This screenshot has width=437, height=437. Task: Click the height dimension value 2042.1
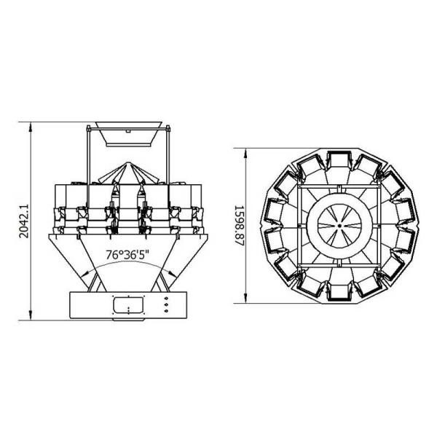pos(25,221)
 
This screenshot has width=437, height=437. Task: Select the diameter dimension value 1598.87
pos(240,226)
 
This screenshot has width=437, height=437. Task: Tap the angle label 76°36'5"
pos(128,255)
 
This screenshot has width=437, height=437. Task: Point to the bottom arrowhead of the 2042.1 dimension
pos(31,316)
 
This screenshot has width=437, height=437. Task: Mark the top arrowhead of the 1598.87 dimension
pos(245,153)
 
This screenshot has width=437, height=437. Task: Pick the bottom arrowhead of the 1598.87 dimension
pos(245,299)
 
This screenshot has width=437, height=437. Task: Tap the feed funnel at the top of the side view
pos(128,134)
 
